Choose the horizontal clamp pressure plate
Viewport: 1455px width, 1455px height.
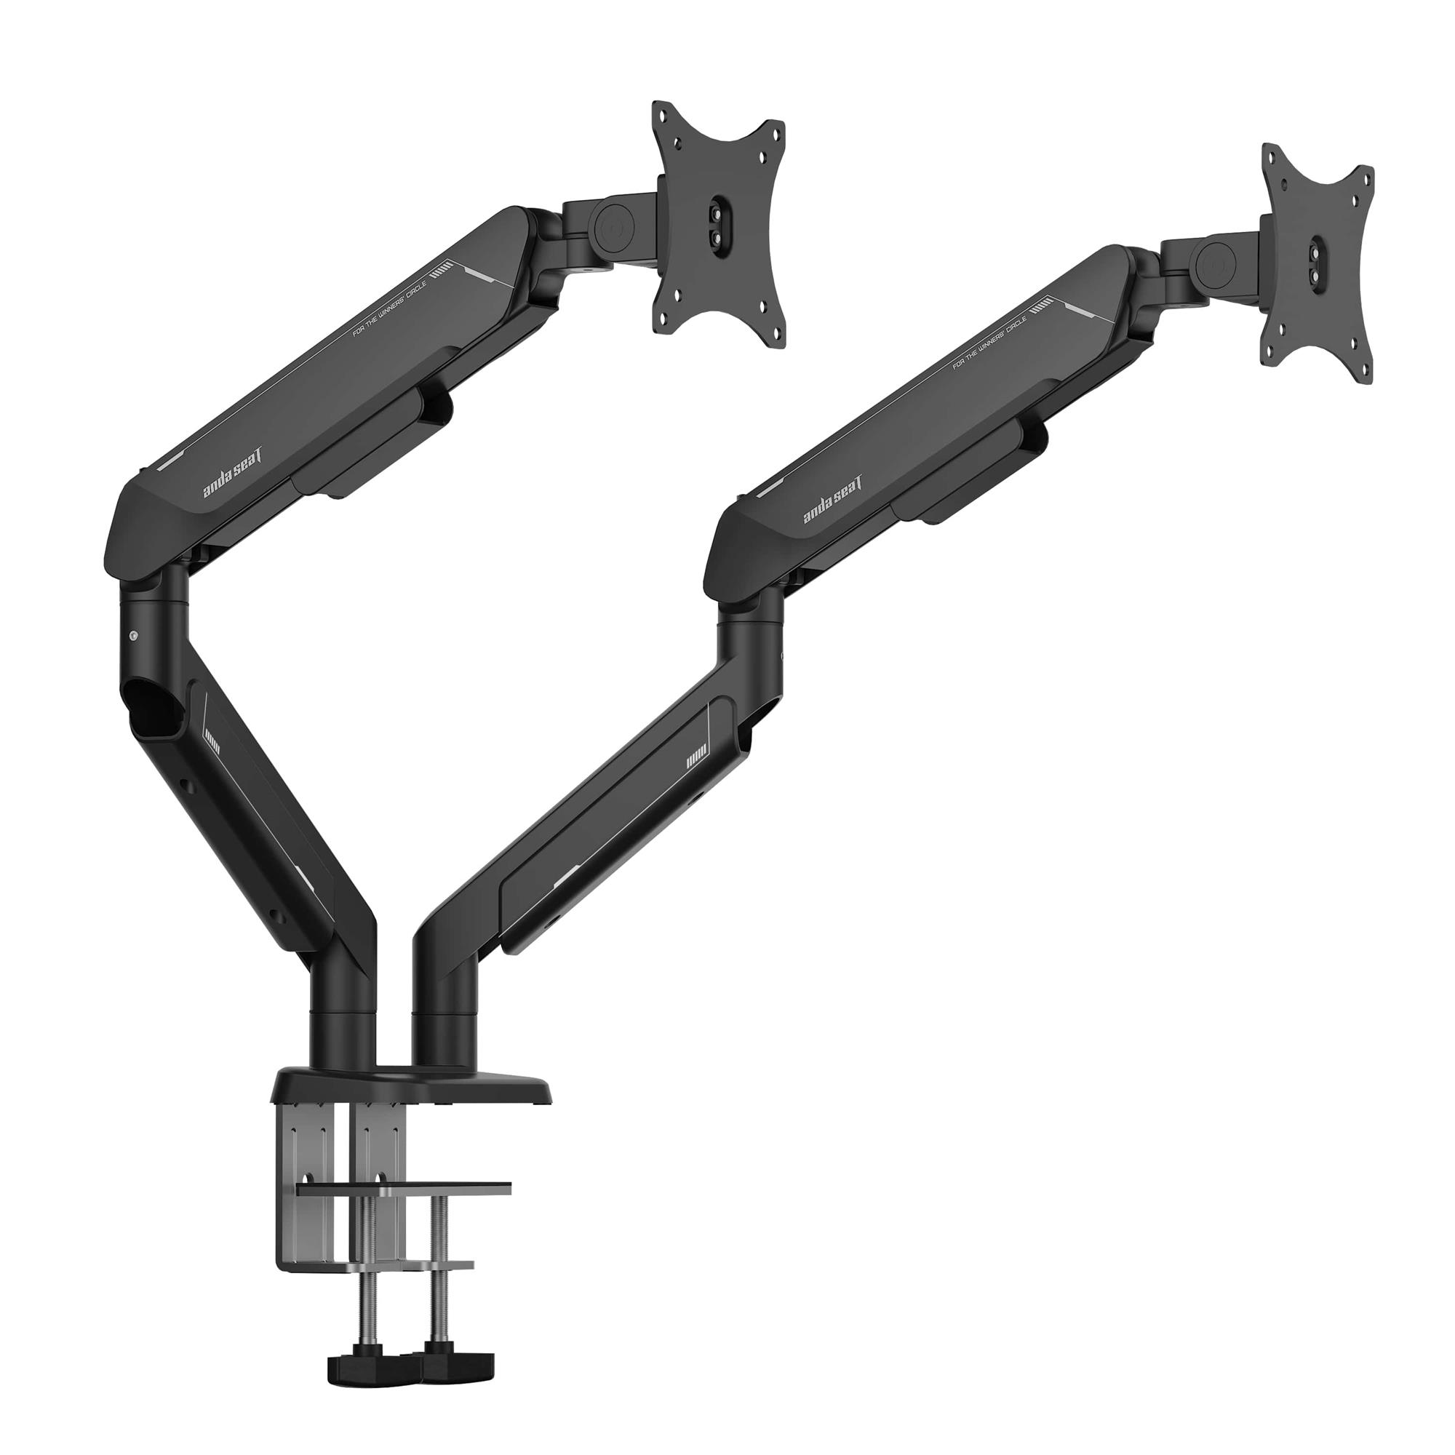tap(404, 1188)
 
